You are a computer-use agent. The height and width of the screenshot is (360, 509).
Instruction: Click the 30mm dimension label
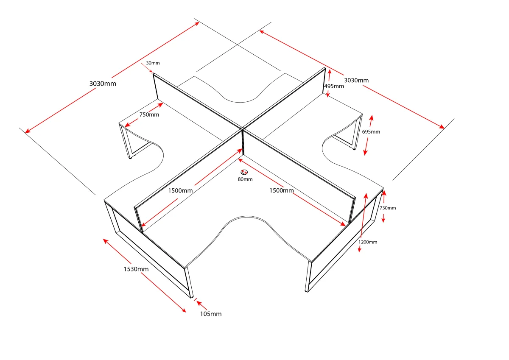click(x=153, y=63)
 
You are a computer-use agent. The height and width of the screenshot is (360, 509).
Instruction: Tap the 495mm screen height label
click(x=334, y=87)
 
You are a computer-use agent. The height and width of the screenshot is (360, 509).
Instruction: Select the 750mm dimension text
click(x=149, y=115)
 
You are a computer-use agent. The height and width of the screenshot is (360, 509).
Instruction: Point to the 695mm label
click(x=371, y=132)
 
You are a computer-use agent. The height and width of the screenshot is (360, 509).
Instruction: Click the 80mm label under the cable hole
click(x=245, y=179)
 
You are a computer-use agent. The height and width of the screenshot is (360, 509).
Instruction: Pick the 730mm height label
click(x=388, y=208)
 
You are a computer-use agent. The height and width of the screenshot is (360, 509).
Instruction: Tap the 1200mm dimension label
click(x=368, y=242)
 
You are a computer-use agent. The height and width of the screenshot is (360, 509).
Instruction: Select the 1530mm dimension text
click(x=136, y=269)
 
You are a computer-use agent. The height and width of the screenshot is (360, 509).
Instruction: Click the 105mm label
click(x=211, y=314)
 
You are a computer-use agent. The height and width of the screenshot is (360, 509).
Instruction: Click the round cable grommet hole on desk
click(x=244, y=172)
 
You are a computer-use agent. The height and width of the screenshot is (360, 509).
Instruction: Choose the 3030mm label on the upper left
click(x=103, y=84)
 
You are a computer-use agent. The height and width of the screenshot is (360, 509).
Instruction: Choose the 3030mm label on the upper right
click(x=356, y=81)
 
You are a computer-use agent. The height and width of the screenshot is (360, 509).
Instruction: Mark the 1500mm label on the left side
click(x=180, y=190)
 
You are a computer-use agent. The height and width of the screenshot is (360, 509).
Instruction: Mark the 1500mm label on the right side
click(x=282, y=190)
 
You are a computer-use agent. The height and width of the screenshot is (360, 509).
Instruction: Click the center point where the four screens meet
click(x=242, y=128)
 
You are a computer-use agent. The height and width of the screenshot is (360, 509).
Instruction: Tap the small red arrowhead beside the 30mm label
click(x=152, y=72)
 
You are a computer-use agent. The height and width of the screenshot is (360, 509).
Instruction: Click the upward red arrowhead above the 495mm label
click(x=330, y=72)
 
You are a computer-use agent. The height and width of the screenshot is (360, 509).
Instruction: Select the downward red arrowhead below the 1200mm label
click(x=360, y=250)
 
